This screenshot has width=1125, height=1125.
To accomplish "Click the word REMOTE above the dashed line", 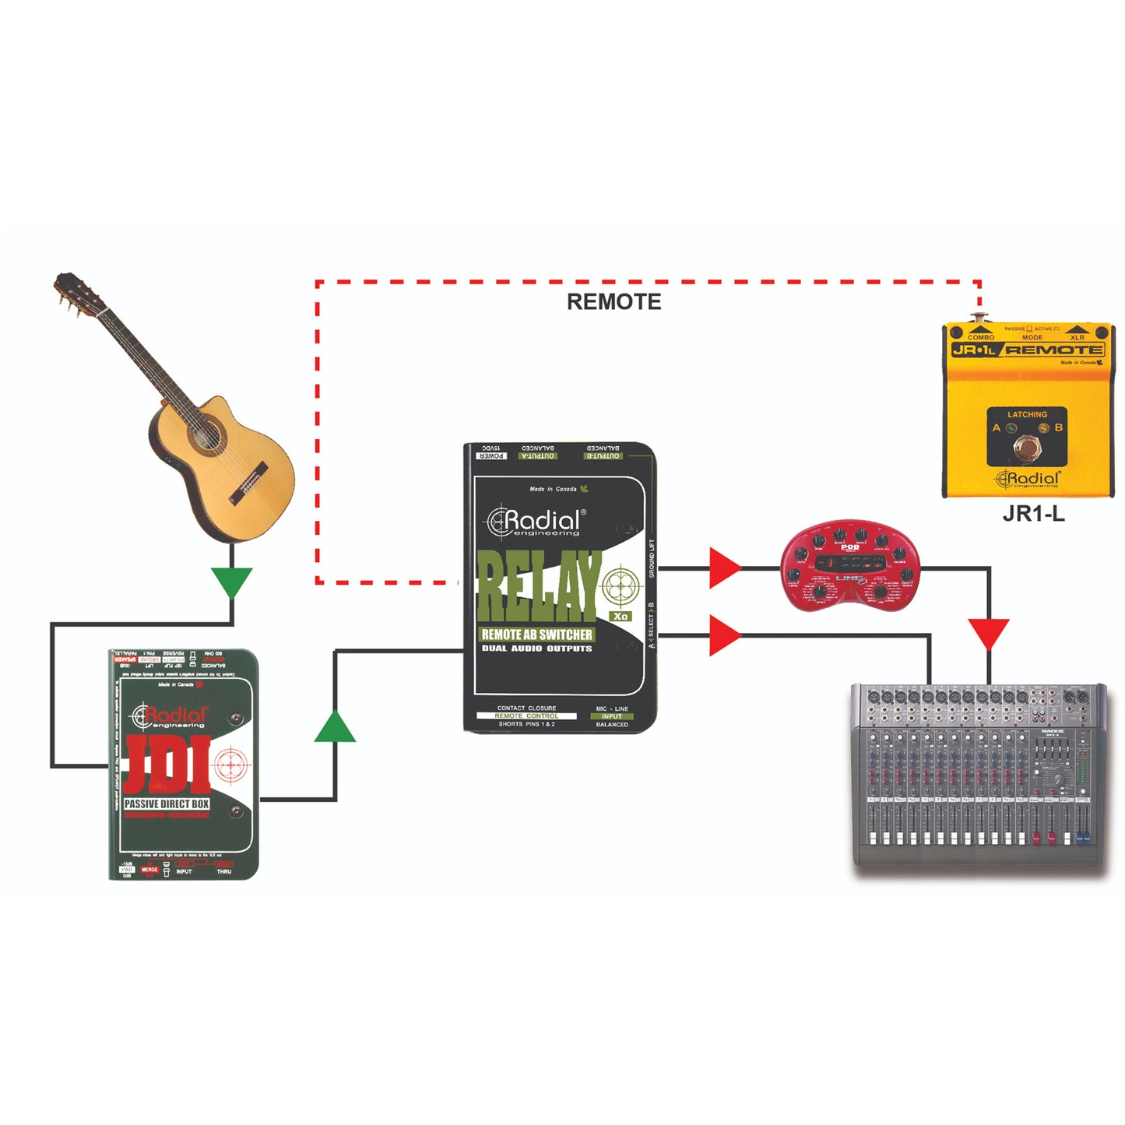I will click(613, 301).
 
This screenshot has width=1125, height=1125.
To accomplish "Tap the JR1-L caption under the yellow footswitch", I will click(1033, 514).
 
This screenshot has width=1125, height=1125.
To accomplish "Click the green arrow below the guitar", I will click(232, 582).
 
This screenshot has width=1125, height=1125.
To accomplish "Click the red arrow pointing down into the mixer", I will click(989, 633).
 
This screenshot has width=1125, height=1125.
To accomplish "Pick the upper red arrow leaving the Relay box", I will click(724, 568).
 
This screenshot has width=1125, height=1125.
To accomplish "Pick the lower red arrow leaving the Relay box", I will click(724, 635).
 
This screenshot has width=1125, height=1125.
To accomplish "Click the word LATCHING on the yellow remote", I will click(1027, 414).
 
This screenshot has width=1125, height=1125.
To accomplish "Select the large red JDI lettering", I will click(167, 763).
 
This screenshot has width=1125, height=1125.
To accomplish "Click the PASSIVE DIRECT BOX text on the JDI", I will click(167, 803).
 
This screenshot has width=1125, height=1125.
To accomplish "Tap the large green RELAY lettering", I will click(539, 585).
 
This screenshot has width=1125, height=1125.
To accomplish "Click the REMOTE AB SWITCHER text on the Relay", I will click(537, 635).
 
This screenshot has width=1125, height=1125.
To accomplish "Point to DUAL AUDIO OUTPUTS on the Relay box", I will click(537, 649).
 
